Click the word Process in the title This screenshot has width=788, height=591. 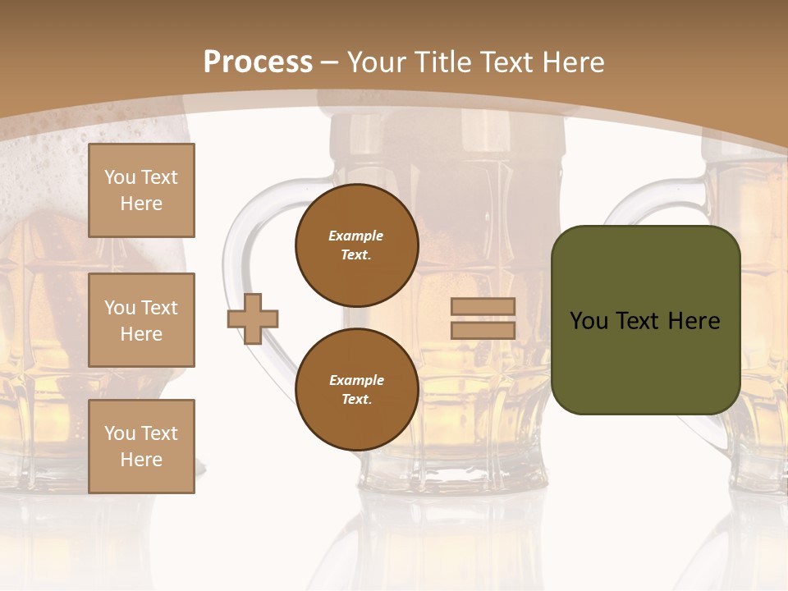point(258,62)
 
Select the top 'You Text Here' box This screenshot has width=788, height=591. point(141,190)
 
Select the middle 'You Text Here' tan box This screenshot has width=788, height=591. point(141,320)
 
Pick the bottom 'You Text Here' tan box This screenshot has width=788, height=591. point(141,447)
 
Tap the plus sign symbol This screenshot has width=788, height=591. point(253,318)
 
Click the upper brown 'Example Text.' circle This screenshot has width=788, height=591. point(356,245)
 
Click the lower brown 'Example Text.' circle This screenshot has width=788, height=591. point(356,390)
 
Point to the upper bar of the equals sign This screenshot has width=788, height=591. point(483,307)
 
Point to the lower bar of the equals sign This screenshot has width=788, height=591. point(483,330)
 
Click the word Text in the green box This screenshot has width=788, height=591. point(638,321)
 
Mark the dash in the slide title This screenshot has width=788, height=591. point(330,62)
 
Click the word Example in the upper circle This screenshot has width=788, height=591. point(356,236)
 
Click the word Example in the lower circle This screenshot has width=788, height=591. point(356,380)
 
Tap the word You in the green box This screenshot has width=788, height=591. point(589,321)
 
